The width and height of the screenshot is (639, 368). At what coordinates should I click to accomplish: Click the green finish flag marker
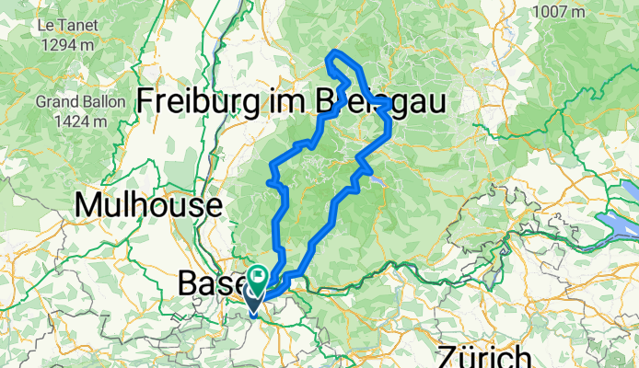(258, 274)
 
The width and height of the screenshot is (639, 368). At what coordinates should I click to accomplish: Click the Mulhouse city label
(148, 204)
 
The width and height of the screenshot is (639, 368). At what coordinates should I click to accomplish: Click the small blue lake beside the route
(378, 181)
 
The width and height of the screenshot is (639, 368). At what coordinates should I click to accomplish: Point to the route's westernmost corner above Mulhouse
(269, 183)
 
